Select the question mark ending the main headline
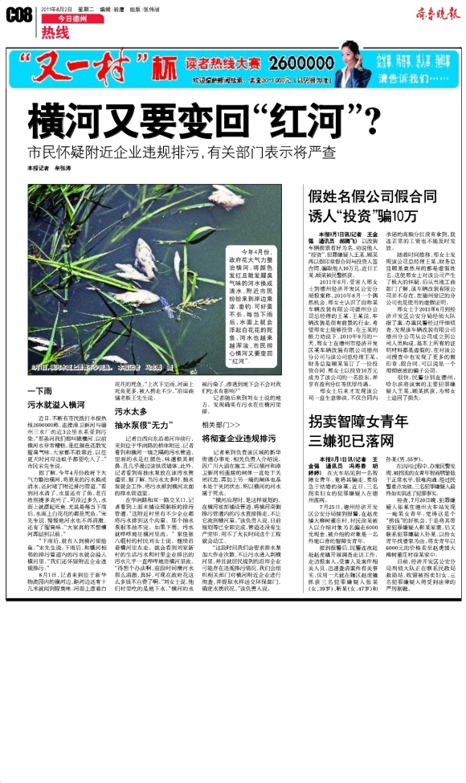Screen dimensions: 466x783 (x=371, y=121)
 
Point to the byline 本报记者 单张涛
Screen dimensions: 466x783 (x=49, y=169)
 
